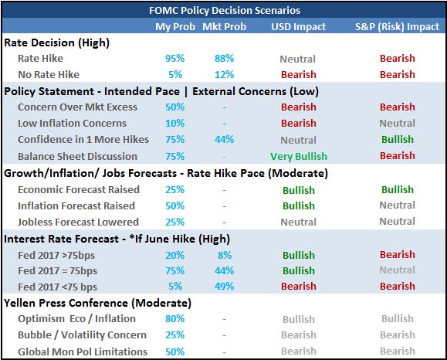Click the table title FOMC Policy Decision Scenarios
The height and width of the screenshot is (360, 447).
[225, 11]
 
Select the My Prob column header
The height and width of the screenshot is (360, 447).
[175, 26]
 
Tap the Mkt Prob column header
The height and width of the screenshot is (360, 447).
[225, 26]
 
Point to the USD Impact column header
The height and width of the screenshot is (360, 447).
[299, 26]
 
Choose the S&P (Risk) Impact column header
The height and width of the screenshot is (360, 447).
[397, 26]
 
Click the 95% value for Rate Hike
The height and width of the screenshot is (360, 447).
[175, 58]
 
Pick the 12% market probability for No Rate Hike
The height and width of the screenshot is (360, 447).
[225, 74]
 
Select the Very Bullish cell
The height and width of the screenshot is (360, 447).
[299, 156]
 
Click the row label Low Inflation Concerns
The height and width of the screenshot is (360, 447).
[72, 124]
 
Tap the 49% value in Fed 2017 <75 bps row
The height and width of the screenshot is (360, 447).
[225, 286]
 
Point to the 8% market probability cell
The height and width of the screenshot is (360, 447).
[225, 255]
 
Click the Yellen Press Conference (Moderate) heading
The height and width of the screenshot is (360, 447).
[97, 303]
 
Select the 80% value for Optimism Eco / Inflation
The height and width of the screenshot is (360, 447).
[175, 318]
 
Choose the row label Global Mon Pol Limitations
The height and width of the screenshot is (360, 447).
[83, 352]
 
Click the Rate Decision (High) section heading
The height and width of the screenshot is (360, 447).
[56, 42]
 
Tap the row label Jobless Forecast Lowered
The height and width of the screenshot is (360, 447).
[79, 222]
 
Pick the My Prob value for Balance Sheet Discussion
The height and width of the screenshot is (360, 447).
[175, 156]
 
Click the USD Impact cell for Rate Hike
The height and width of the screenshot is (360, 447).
[298, 59]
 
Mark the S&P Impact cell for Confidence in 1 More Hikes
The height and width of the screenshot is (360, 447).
[398, 140]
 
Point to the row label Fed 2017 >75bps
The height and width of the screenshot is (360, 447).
[56, 255]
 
